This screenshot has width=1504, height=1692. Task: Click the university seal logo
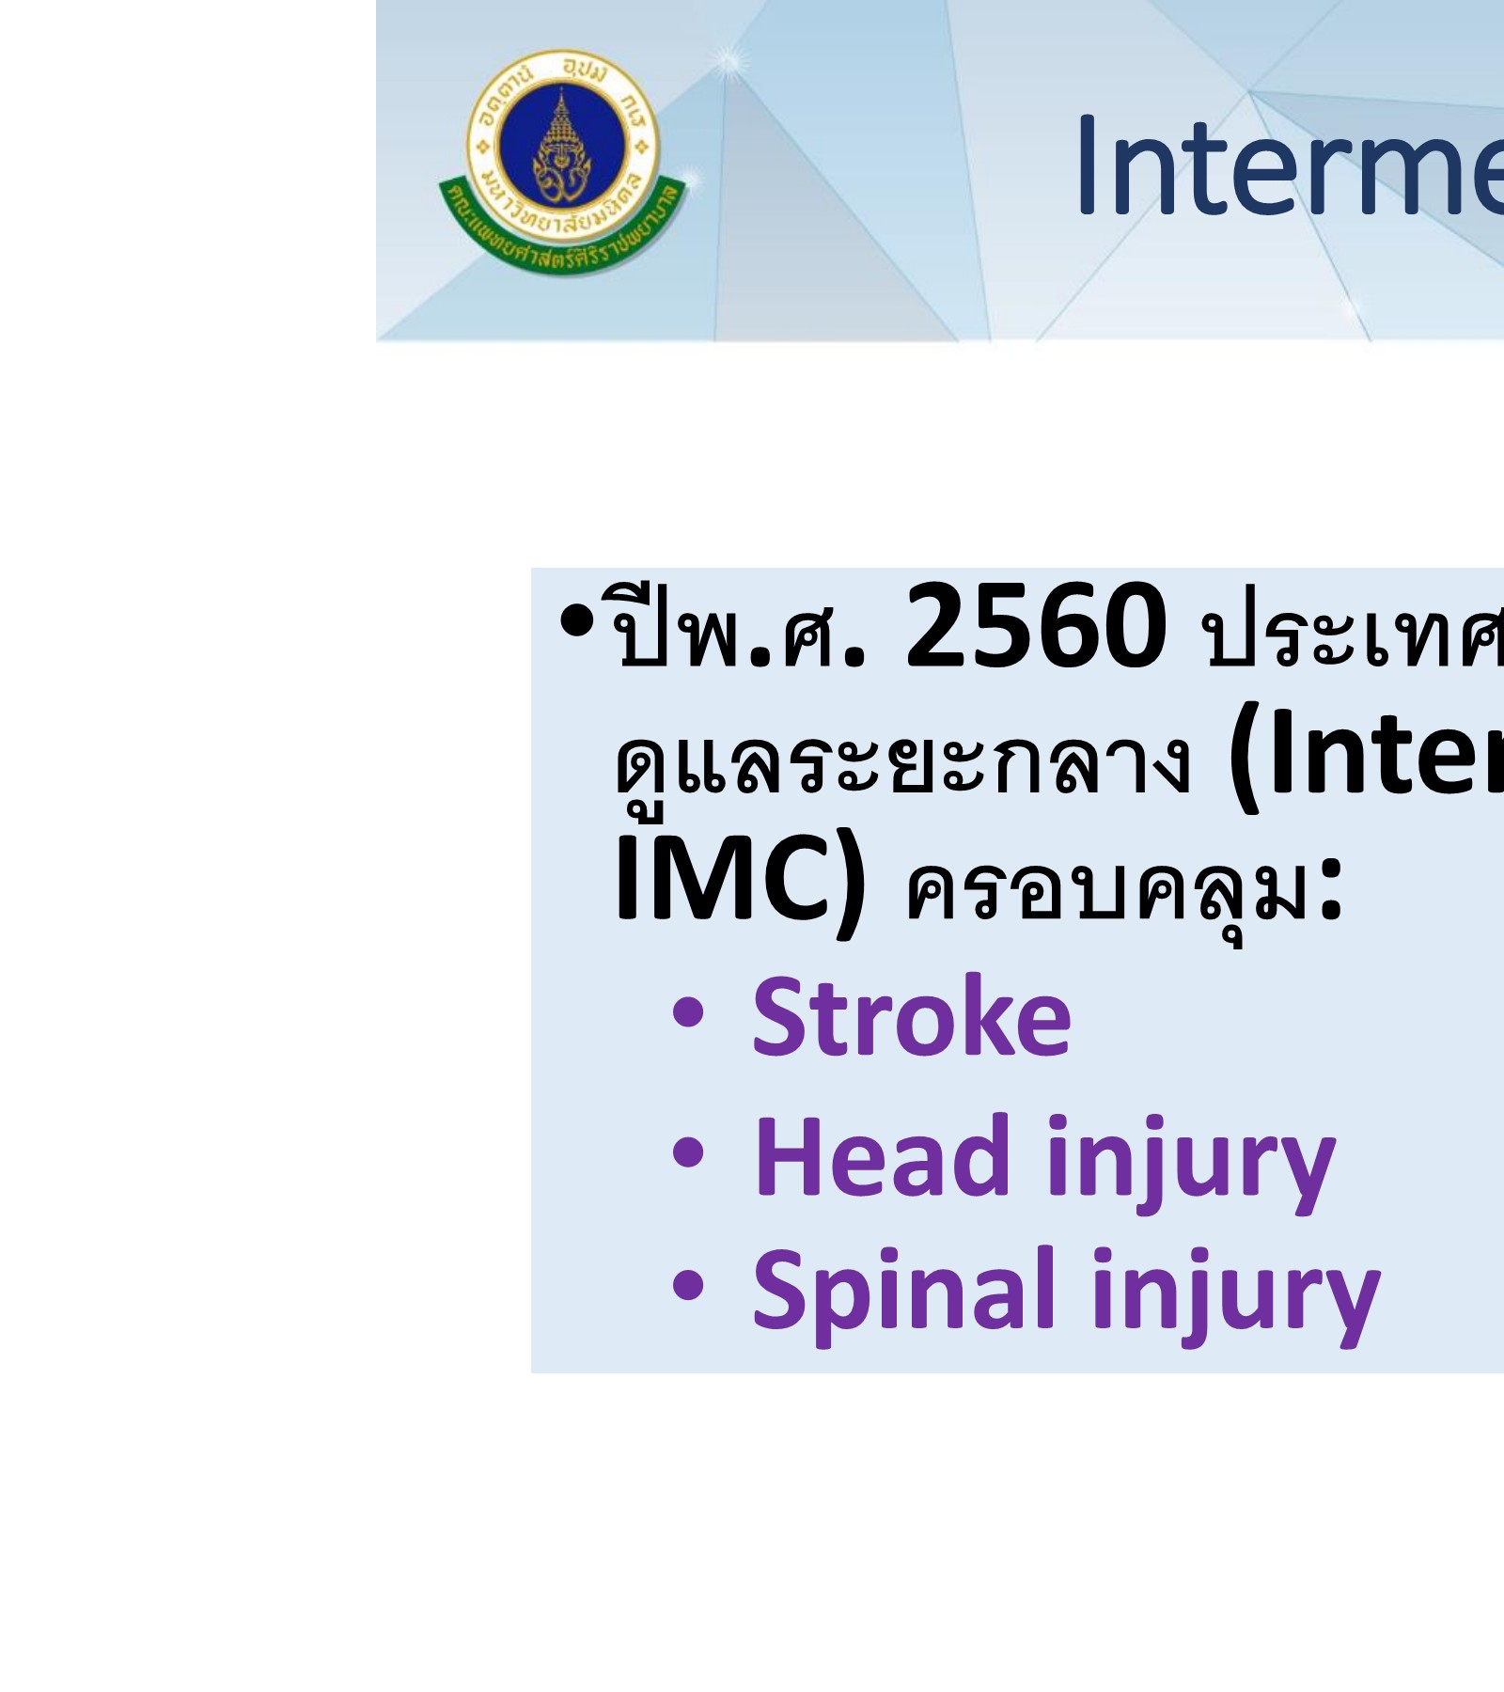click(563, 160)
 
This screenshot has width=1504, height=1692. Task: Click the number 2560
click(1035, 627)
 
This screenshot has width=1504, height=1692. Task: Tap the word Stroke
click(911, 1017)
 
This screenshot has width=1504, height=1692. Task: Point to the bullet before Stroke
click(688, 1014)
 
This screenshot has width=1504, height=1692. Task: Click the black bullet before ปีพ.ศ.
click(576, 620)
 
